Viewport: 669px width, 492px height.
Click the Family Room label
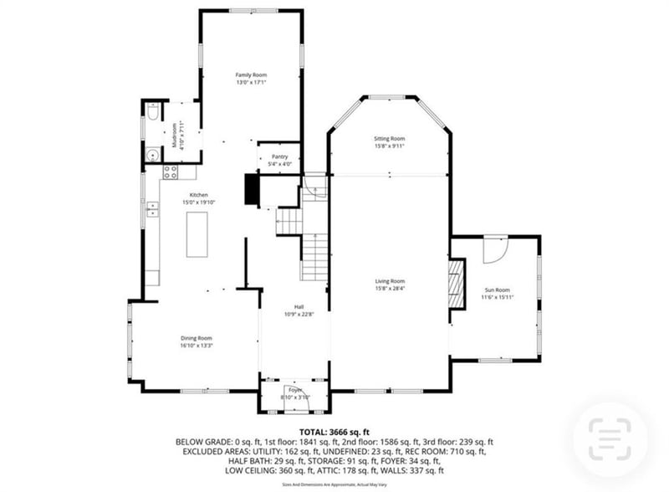click(x=251, y=75)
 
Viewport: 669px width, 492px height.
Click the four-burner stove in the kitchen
click(x=170, y=172)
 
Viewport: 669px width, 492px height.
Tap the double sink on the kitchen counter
click(x=152, y=209)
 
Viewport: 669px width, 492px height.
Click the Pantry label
click(x=279, y=156)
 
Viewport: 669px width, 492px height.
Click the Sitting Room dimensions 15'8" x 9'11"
click(x=389, y=146)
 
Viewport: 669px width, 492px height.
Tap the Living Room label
click(x=389, y=281)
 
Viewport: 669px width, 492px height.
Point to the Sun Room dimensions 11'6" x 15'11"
click(x=495, y=297)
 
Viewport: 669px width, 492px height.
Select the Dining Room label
click(x=197, y=338)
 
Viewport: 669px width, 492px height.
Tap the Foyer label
click(x=294, y=390)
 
